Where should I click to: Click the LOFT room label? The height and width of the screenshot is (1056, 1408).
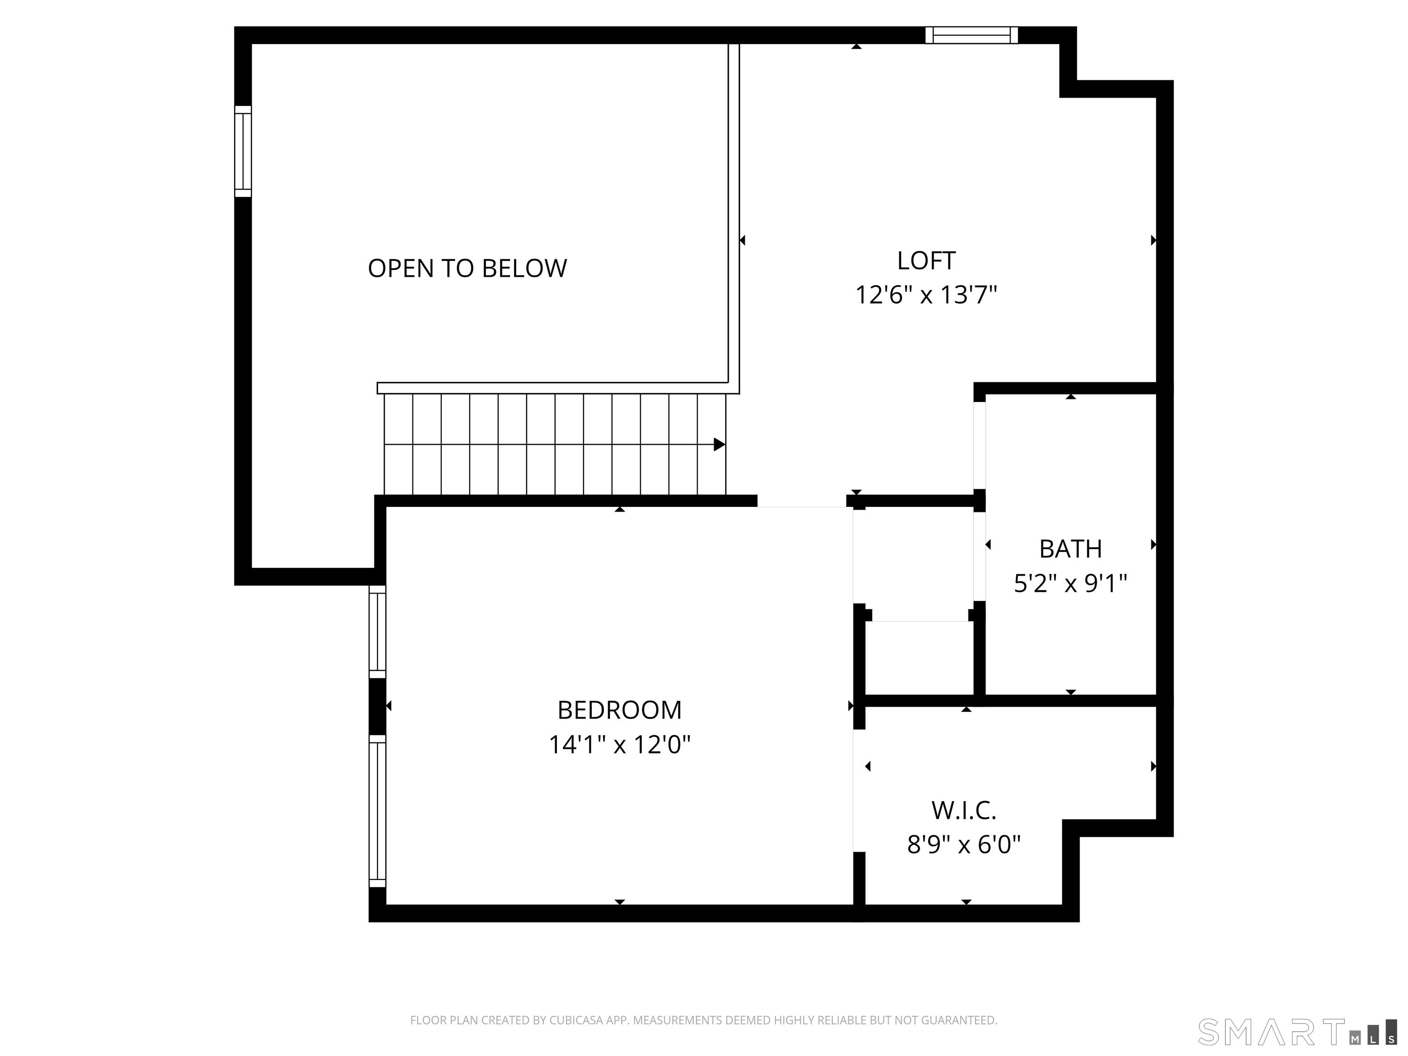coord(926,260)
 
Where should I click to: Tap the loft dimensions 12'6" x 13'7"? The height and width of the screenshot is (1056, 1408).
coord(926,295)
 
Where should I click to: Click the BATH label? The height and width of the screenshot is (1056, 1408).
coord(1071,549)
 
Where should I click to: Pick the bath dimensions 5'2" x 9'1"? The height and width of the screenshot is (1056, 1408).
coord(1071,583)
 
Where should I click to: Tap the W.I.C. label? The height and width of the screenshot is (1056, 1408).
coord(964,810)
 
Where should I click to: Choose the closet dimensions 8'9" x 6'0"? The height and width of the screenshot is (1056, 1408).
coord(964,845)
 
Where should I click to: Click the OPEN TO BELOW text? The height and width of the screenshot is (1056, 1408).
coord(467,268)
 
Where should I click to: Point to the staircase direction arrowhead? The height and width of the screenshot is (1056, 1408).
coord(719,444)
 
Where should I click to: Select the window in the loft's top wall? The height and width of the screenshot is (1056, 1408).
coord(971,35)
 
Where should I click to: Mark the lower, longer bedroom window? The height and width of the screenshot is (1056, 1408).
coord(378,811)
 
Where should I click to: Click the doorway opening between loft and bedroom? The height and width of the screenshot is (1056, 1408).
coord(801,501)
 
